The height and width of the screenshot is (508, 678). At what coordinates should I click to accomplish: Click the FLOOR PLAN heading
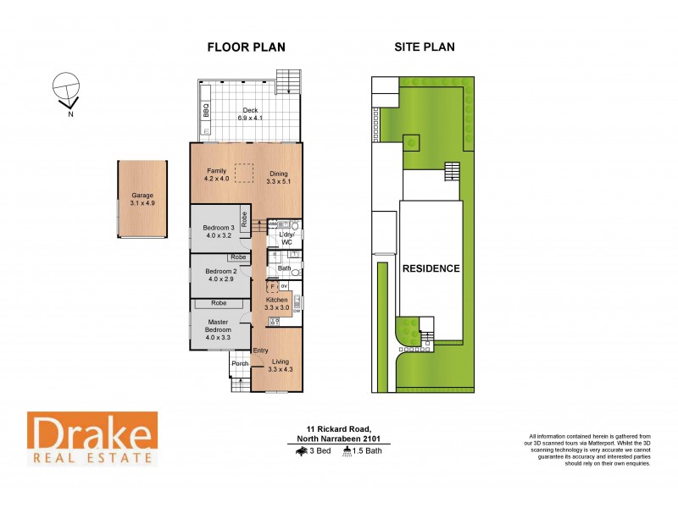[x=247, y=47]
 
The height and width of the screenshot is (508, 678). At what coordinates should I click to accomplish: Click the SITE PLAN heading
[x=424, y=47]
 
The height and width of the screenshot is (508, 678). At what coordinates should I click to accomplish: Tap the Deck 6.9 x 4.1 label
[x=250, y=113]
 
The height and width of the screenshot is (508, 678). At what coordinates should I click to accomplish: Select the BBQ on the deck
[x=206, y=110]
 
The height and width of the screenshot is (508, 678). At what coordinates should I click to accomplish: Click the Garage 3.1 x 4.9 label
[x=142, y=199]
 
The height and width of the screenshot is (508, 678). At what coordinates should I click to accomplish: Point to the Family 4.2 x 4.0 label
[x=217, y=174]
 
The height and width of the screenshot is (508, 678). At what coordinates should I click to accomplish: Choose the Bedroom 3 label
[x=217, y=231]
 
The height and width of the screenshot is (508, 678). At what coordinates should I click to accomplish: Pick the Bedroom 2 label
[x=217, y=274]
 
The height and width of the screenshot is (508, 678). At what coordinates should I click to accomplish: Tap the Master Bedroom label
[x=217, y=329]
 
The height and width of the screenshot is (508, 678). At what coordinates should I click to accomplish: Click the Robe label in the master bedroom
[x=220, y=302]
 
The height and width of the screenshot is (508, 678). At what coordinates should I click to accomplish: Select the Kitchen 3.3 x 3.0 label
[x=278, y=304]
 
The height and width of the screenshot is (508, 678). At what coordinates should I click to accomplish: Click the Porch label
[x=240, y=363]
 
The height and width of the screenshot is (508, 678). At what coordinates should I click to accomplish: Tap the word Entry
[x=260, y=350]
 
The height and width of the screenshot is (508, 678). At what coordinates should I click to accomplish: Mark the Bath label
[x=284, y=269]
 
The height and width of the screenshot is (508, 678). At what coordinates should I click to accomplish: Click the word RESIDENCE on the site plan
[x=431, y=268]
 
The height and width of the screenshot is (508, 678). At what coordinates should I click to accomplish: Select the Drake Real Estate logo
[x=92, y=438]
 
